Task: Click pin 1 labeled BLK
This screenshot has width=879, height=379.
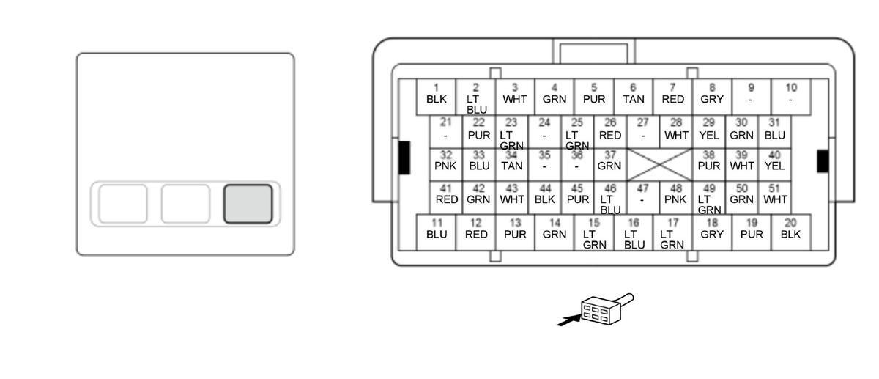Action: click(436, 95)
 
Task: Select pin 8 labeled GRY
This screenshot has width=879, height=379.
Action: click(711, 95)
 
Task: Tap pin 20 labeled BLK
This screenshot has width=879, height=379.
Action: click(790, 230)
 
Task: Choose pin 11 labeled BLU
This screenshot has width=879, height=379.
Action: click(436, 230)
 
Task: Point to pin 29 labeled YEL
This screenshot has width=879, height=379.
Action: click(708, 130)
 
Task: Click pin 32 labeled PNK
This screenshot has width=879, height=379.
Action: click(445, 161)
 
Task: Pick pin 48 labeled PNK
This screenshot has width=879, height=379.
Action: click(675, 194)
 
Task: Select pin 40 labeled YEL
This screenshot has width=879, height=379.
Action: click(774, 161)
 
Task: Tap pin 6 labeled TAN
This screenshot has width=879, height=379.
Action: click(633, 95)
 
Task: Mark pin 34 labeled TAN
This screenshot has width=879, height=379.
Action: click(512, 161)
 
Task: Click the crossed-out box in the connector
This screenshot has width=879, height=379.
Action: click(660, 165)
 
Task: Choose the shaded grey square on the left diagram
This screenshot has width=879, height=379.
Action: click(248, 204)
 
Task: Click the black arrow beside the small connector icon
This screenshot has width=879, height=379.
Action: click(568, 320)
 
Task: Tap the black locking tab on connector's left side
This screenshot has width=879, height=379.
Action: click(404, 158)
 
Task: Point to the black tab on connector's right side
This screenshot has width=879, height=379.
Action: click(823, 161)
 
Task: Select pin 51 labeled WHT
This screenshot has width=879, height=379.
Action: click(774, 194)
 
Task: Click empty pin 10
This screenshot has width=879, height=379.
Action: click(790, 95)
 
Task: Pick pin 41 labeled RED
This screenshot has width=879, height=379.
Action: click(446, 194)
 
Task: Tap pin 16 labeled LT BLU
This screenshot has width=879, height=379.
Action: click(634, 232)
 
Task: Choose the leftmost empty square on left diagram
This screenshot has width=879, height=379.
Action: click(123, 204)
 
